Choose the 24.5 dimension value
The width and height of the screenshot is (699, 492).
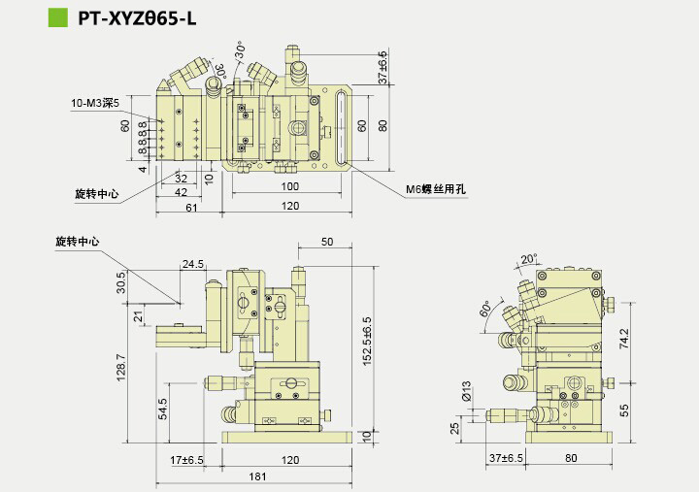point(192,262)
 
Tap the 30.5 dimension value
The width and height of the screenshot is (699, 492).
point(121,282)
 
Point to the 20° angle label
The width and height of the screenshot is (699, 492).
point(529,259)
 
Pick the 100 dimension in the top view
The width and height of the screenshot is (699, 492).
point(290,185)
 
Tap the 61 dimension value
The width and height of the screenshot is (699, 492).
point(190,208)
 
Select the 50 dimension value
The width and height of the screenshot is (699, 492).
point(326,241)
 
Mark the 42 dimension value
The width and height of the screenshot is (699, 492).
point(181,193)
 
